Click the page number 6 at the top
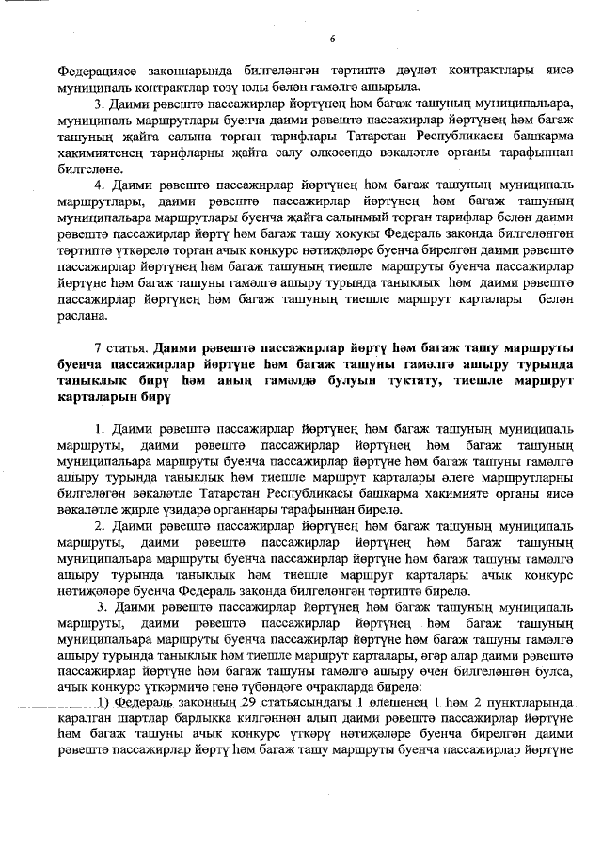pyautogui.click(x=333, y=38)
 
